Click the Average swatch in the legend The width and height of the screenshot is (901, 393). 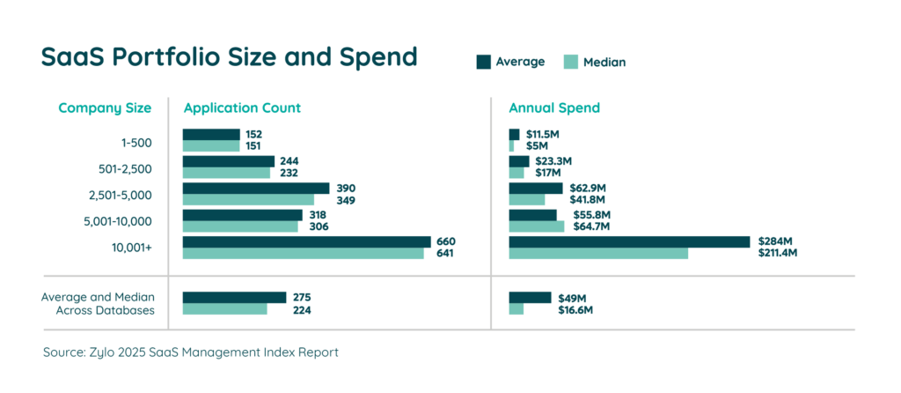483,62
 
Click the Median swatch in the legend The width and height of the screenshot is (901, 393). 570,62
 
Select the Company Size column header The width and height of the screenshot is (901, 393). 105,108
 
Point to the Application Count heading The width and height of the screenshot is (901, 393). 242,108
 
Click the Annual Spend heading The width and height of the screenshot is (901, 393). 554,108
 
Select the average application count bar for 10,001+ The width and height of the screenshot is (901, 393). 306,241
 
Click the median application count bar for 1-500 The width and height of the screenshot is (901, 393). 210,145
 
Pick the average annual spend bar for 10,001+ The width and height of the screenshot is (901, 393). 629,241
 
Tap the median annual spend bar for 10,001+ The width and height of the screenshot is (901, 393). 598,254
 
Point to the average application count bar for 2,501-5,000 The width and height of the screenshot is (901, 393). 255,188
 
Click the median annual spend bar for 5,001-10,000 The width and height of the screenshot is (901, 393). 537,226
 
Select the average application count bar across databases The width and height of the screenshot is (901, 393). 234,297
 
